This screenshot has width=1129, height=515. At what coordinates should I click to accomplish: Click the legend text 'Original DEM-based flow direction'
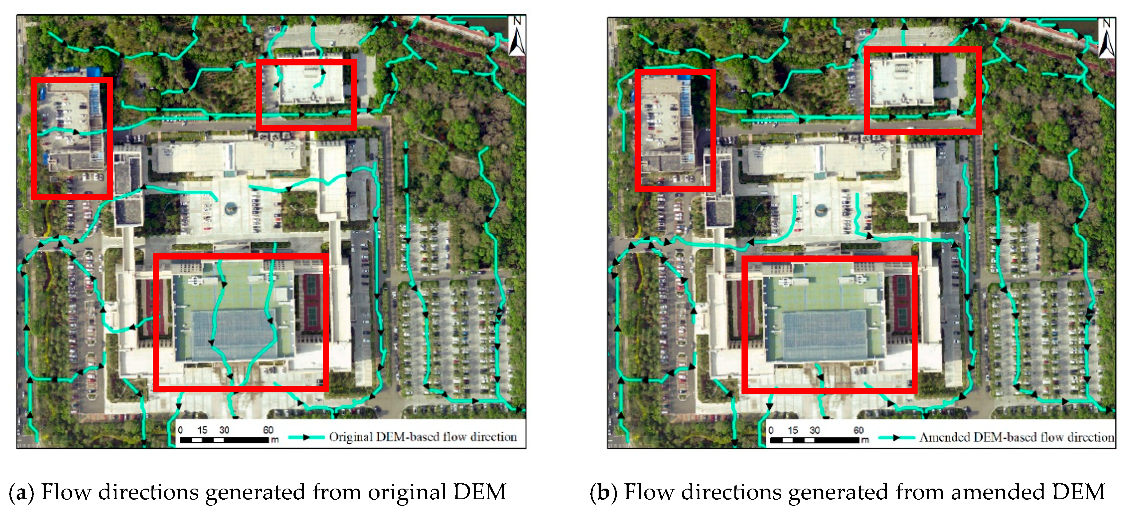tap(423, 437)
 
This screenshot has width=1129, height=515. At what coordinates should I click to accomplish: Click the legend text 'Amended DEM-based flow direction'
tap(1016, 437)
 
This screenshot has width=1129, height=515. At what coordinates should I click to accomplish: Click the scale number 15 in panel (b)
tap(793, 430)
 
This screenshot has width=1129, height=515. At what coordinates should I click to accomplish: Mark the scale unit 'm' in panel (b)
tap(864, 440)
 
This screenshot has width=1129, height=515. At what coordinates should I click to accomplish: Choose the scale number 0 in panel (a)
tap(180, 430)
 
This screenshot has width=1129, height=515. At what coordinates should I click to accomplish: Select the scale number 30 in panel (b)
tap(814, 430)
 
